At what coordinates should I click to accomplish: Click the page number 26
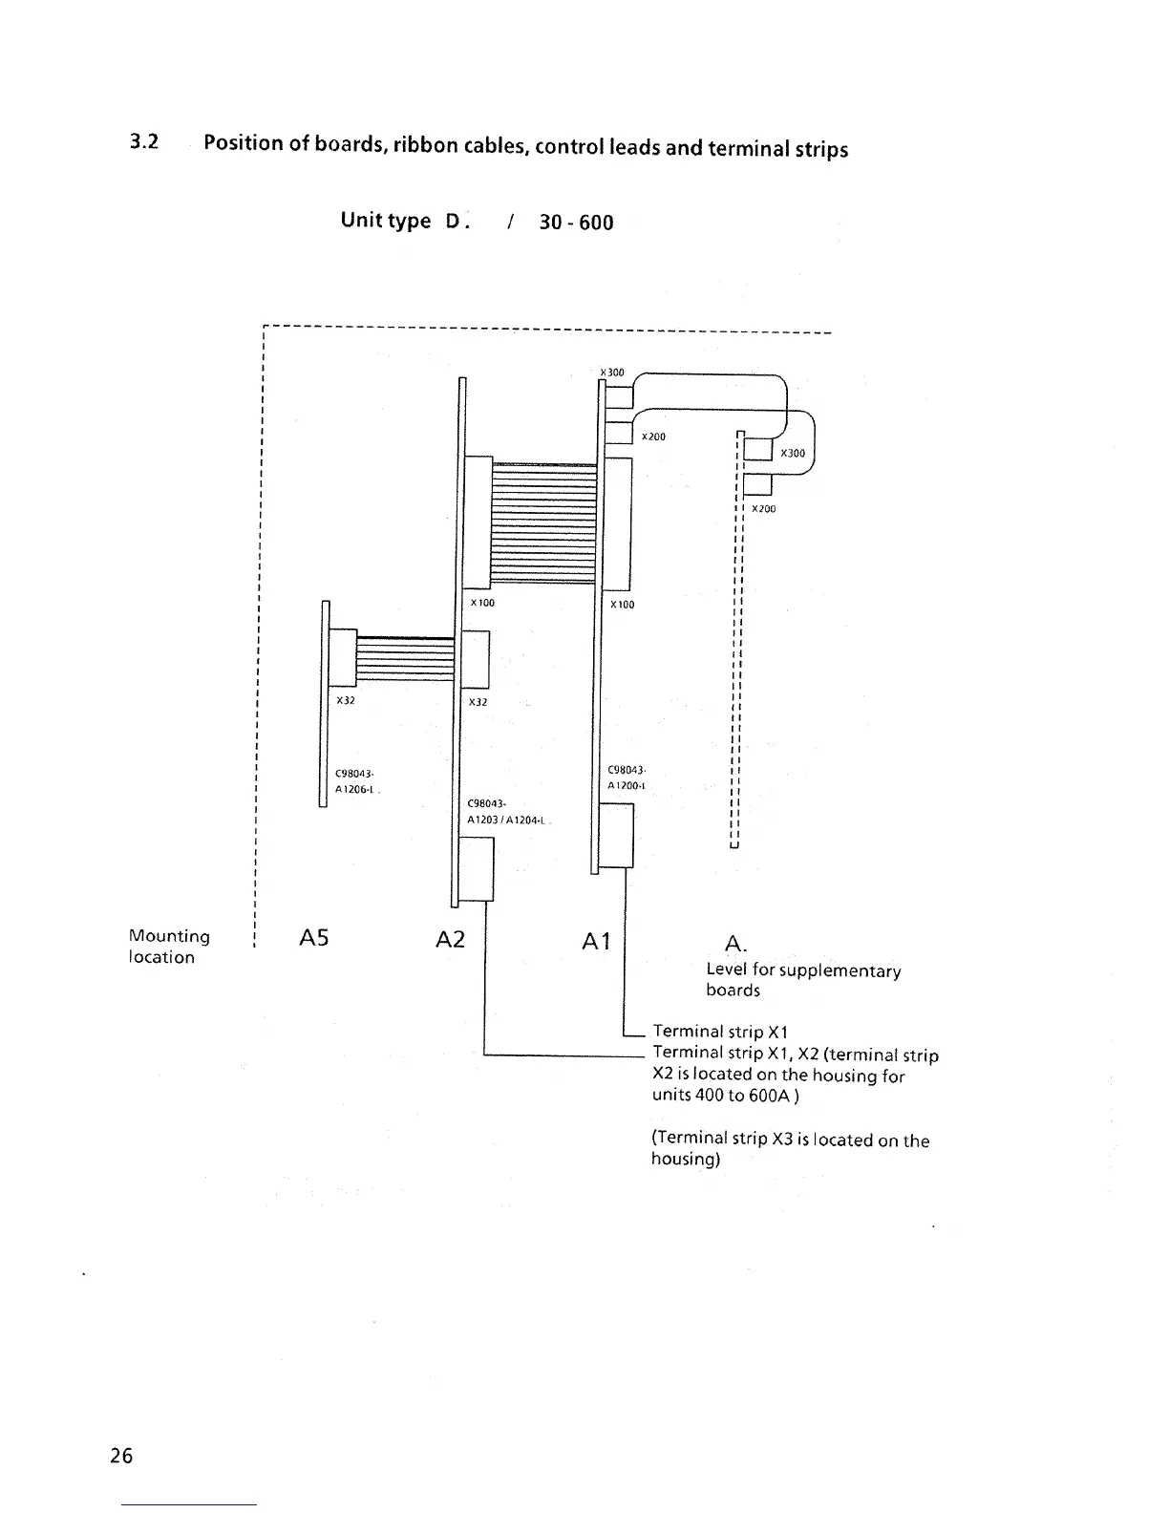pyautogui.click(x=121, y=1456)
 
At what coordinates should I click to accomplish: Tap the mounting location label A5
pyautogui.click(x=313, y=939)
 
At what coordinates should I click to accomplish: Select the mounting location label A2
pyautogui.click(x=450, y=940)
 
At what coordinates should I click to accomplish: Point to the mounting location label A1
pyautogui.click(x=596, y=943)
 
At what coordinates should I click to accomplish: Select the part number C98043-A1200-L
pyautogui.click(x=627, y=778)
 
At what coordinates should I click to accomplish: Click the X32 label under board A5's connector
pyautogui.click(x=345, y=700)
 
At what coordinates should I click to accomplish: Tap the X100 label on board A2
pyautogui.click(x=482, y=603)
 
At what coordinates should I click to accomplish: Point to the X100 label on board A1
pyautogui.click(x=622, y=605)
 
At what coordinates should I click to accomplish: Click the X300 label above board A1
pyautogui.click(x=611, y=373)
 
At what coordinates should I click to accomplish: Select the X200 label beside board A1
pyautogui.click(x=653, y=437)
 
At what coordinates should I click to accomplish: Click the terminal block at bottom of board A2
pyautogui.click(x=477, y=868)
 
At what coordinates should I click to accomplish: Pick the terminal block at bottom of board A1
pyautogui.click(x=616, y=835)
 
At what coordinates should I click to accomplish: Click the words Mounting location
pyautogui.click(x=169, y=947)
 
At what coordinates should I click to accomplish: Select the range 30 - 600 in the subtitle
pyautogui.click(x=576, y=223)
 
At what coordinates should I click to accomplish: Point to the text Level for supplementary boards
pyautogui.click(x=802, y=980)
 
